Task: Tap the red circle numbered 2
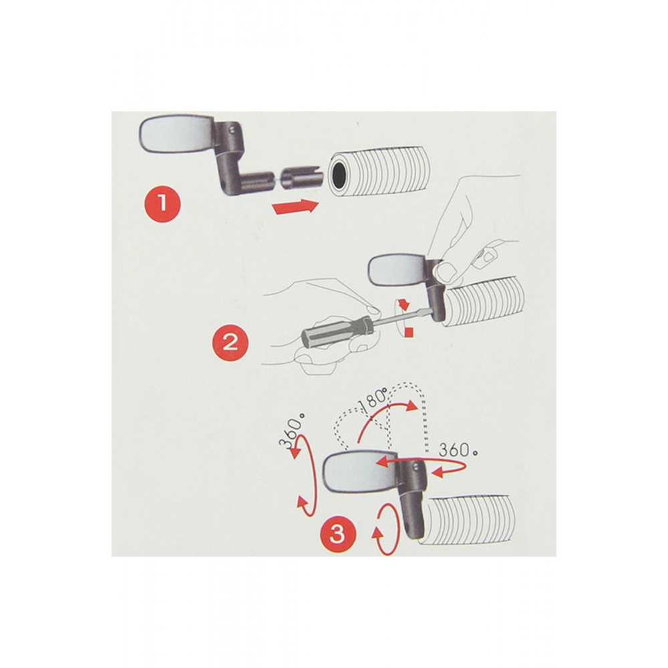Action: click(x=230, y=343)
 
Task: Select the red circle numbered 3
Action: click(x=337, y=534)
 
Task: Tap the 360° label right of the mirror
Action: click(x=457, y=450)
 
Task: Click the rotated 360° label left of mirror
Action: click(x=293, y=431)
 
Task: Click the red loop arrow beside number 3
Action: click(x=387, y=529)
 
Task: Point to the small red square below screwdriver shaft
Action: click(x=409, y=332)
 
